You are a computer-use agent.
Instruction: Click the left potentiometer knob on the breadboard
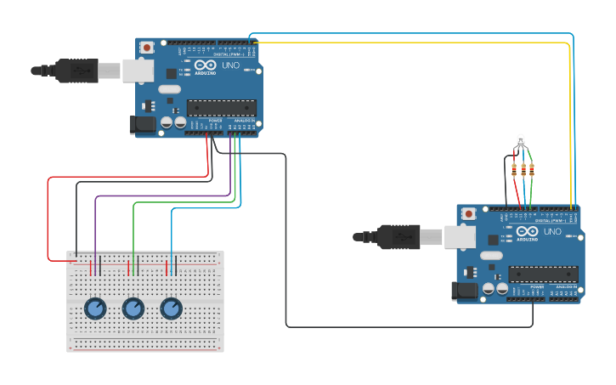[95, 308]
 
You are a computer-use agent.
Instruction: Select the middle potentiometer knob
[133, 309]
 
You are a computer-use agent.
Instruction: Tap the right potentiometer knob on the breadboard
[172, 309]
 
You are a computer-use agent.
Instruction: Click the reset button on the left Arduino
[146, 47]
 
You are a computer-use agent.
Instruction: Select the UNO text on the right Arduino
[552, 231]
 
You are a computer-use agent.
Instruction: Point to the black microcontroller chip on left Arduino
[221, 107]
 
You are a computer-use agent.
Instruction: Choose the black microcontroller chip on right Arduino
[543, 274]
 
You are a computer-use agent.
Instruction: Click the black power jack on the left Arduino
[143, 124]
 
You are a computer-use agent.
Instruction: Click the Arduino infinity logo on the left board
[206, 65]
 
